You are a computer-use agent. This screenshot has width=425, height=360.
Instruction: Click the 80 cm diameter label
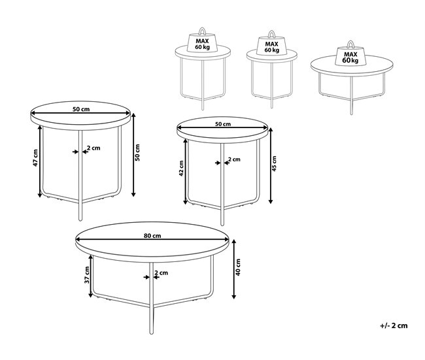tap(152, 236)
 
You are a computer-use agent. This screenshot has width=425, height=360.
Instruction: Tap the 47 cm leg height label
tap(35, 157)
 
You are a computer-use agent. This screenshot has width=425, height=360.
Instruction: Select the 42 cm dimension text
tap(181, 168)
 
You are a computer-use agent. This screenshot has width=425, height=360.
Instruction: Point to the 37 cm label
tap(87, 274)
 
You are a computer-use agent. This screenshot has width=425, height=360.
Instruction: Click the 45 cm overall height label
tap(274, 163)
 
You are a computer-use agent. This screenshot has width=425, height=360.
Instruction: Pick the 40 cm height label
tap(238, 267)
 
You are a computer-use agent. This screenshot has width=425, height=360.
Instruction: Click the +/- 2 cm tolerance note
tap(394, 325)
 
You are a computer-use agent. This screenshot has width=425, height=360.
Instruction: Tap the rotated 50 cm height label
tap(137, 153)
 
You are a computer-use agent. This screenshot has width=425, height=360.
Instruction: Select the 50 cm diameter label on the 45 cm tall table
tap(223, 124)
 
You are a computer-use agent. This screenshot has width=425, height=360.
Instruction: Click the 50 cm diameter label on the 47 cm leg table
tap(81, 109)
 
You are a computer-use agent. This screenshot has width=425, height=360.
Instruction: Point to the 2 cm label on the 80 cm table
tap(161, 272)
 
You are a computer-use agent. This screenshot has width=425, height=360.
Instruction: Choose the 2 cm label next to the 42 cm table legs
tap(234, 159)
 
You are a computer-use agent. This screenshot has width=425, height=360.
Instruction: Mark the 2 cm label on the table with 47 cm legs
tap(93, 148)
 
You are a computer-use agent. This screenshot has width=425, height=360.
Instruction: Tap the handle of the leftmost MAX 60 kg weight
tap(202, 31)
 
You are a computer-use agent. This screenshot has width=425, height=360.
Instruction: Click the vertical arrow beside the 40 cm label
tap(235, 269)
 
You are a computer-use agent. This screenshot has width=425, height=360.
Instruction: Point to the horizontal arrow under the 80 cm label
tap(152, 240)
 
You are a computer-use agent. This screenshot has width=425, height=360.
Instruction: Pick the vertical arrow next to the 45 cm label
tap(270, 166)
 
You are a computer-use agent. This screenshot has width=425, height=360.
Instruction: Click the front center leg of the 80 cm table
tap(152, 298)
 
